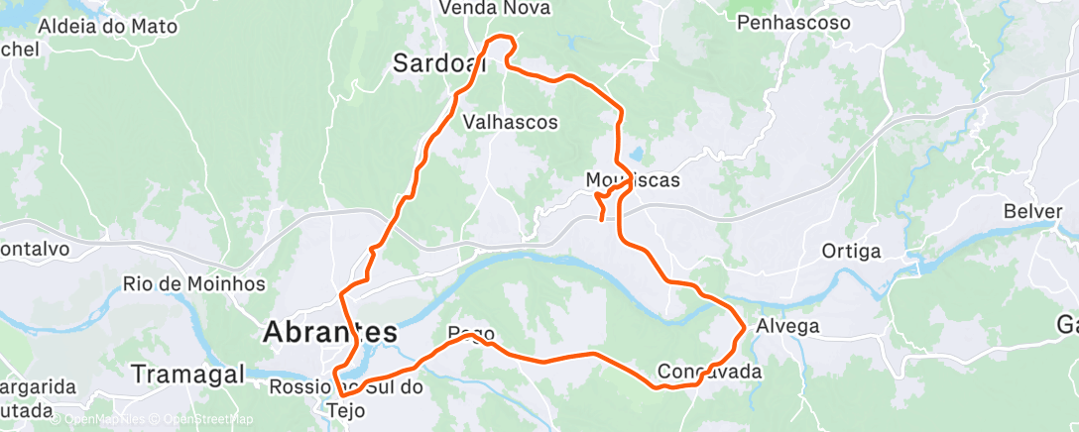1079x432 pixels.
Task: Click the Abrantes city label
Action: click(x=330, y=333)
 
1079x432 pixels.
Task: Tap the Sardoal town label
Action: click(x=439, y=64)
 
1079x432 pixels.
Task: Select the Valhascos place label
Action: click(x=511, y=122)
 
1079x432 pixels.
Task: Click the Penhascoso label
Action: click(x=794, y=21)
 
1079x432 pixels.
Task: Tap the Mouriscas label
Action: click(x=633, y=179)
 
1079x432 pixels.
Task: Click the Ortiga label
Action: click(x=851, y=252)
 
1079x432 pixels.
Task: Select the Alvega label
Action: click(x=787, y=326)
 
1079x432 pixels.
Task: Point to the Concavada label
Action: click(x=710, y=373)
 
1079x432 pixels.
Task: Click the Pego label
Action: click(x=471, y=334)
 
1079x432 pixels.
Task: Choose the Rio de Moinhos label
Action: click(x=194, y=283)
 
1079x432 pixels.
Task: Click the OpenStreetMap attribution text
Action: click(x=205, y=420)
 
